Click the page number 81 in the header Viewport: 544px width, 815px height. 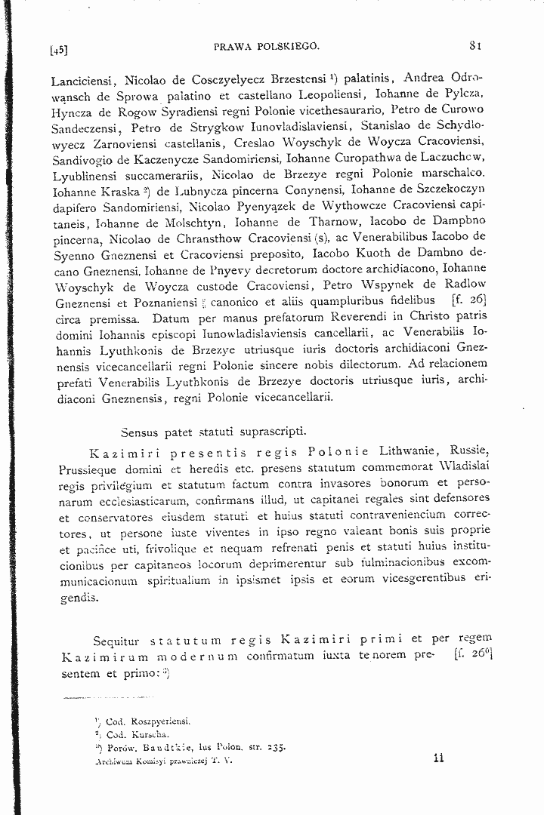(475, 45)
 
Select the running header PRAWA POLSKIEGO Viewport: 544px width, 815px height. (267, 46)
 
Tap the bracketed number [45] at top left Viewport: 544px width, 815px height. (59, 51)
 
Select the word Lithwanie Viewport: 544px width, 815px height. (410, 453)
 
